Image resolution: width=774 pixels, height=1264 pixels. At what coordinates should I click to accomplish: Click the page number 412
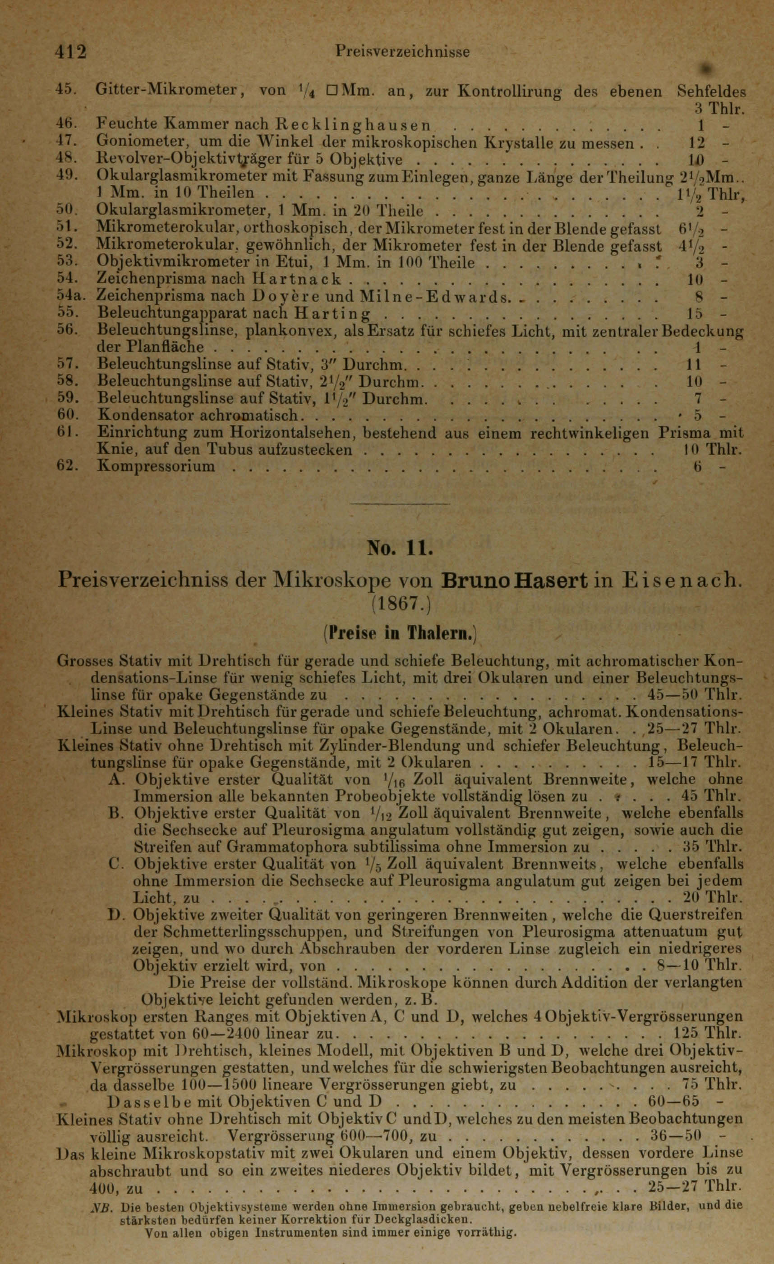71,52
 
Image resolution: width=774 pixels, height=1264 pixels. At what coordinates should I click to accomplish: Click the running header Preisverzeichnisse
402,52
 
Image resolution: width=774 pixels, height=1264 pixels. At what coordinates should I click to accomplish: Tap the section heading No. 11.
401,549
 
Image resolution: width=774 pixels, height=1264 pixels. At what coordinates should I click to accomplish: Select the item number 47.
66,142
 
